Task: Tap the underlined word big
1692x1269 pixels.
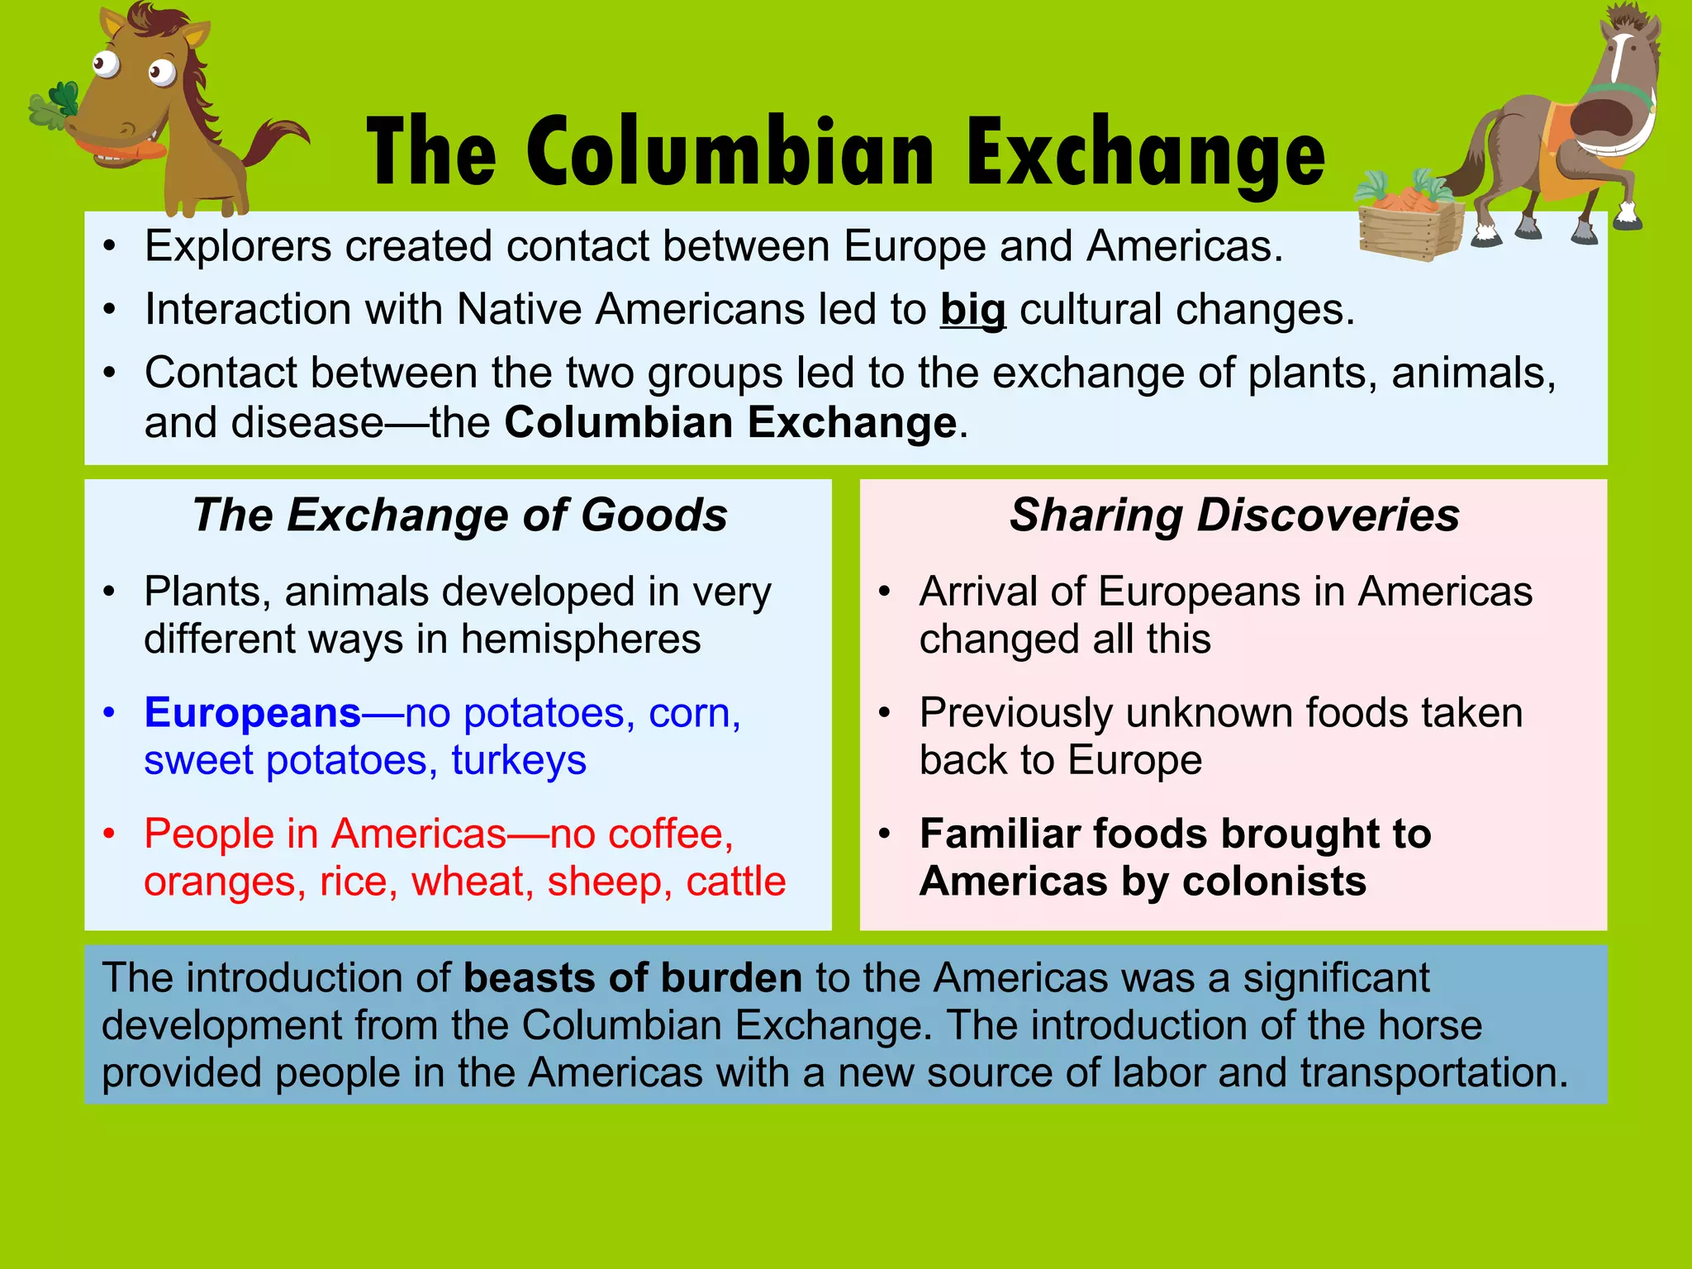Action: (x=972, y=311)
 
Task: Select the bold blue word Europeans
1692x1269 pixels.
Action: (x=252, y=712)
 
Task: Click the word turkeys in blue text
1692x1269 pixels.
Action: (x=519, y=760)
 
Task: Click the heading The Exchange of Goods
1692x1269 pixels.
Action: (x=459, y=516)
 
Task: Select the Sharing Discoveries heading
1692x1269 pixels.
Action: (x=1234, y=516)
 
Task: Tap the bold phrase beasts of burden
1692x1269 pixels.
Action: (x=633, y=978)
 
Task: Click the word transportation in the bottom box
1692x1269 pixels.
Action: (x=1433, y=1072)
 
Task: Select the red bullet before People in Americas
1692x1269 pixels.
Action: (x=109, y=834)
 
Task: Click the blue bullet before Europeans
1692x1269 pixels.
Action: (x=109, y=712)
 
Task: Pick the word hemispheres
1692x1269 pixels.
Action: (x=581, y=639)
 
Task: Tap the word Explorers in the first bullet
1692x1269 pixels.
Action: (x=238, y=247)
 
